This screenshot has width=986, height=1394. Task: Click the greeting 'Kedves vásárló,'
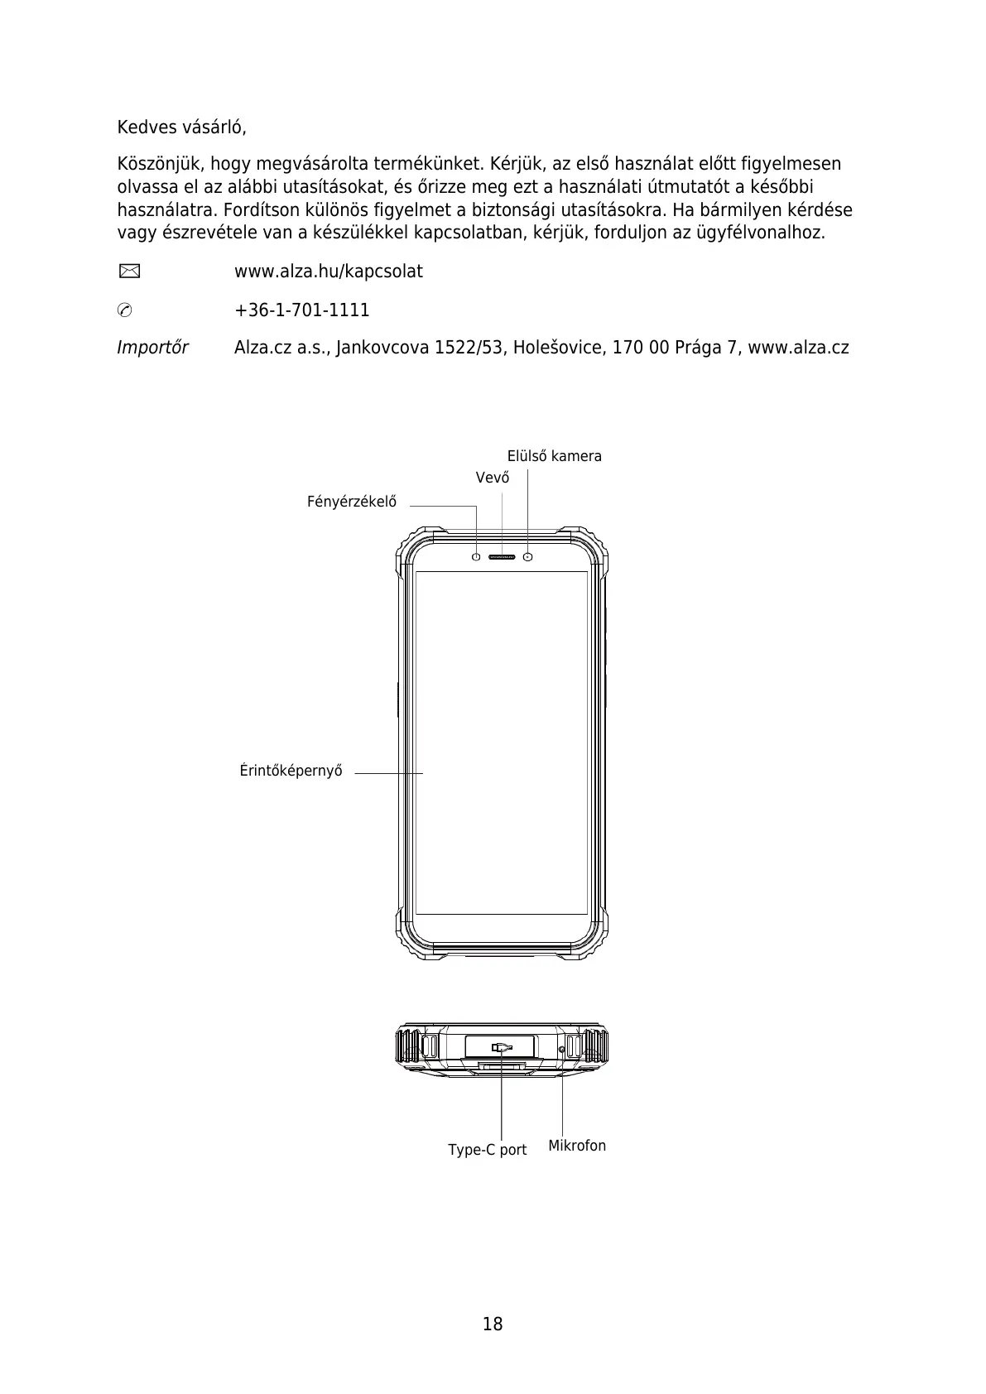coord(181,128)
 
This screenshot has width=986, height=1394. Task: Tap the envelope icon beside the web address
coord(127,271)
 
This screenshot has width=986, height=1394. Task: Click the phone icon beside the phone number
coord(125,310)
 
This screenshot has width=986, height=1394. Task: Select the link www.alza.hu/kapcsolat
coord(328,272)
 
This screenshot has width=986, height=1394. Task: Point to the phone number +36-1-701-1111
coord(301,310)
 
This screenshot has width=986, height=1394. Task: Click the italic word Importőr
coord(152,348)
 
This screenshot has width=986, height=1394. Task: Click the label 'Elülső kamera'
coord(554,456)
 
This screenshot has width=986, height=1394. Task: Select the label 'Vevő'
coord(493,478)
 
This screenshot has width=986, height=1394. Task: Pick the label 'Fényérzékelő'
coord(352,502)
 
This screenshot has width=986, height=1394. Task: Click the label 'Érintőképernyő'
coord(291,771)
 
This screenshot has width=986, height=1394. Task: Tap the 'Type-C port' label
coord(487,1150)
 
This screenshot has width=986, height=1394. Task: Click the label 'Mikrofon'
coord(577,1146)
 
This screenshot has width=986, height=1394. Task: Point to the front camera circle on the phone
coord(528,556)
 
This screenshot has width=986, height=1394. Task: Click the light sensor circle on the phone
coord(476,556)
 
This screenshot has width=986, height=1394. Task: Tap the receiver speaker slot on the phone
coord(502,556)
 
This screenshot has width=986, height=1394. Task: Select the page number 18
coord(493,1324)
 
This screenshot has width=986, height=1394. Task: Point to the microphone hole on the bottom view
coord(562,1050)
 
